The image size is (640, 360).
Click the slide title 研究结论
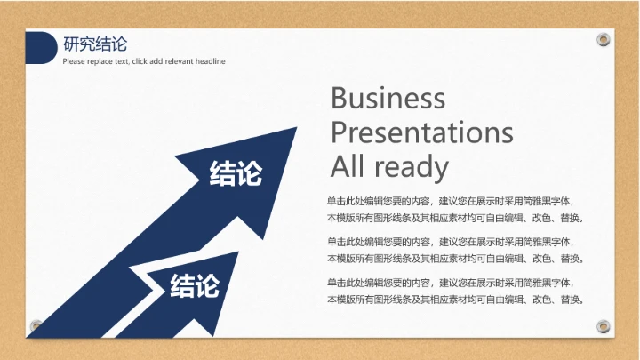95,44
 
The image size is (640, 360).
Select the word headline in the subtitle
210,61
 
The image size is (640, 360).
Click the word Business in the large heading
388,98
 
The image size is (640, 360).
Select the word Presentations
421,132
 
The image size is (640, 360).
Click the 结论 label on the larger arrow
236,173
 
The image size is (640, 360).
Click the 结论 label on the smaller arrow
195,285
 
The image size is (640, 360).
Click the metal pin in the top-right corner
604,39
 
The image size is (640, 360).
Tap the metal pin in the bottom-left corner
36,324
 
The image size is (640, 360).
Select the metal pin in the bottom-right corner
604,324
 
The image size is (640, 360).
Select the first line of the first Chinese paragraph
450,201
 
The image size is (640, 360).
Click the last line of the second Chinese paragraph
455,258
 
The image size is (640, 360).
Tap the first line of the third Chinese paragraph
450,282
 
